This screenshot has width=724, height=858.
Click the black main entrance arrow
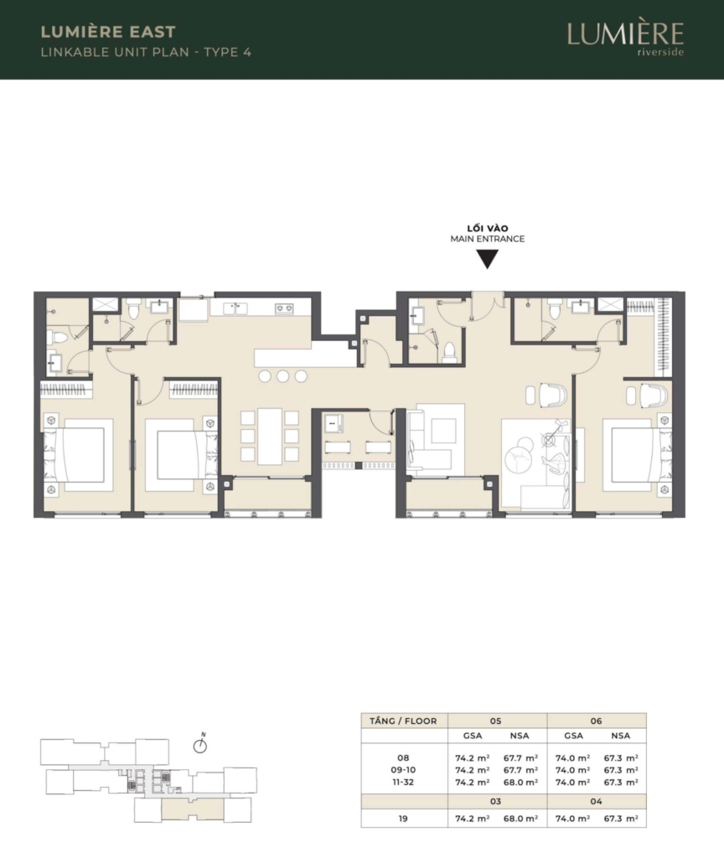click(487, 259)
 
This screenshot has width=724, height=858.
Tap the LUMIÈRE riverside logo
click(625, 39)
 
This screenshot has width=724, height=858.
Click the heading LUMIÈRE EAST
click(108, 32)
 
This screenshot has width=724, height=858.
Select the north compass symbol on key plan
click(201, 744)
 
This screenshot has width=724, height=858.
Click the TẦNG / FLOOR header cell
click(403, 721)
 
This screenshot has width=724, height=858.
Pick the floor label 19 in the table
click(403, 819)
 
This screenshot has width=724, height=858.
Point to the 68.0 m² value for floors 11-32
click(520, 782)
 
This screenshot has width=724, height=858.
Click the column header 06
click(596, 721)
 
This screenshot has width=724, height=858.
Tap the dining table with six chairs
click(269, 436)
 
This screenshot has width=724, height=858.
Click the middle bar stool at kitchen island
click(282, 376)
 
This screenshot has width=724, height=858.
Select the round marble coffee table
click(521, 453)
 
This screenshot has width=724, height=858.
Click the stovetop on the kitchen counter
click(284, 308)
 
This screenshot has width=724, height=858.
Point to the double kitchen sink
click(235, 308)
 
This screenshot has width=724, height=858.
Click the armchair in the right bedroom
click(654, 395)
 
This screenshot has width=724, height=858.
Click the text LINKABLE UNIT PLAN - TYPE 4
click(146, 53)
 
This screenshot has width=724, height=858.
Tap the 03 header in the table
click(495, 801)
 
